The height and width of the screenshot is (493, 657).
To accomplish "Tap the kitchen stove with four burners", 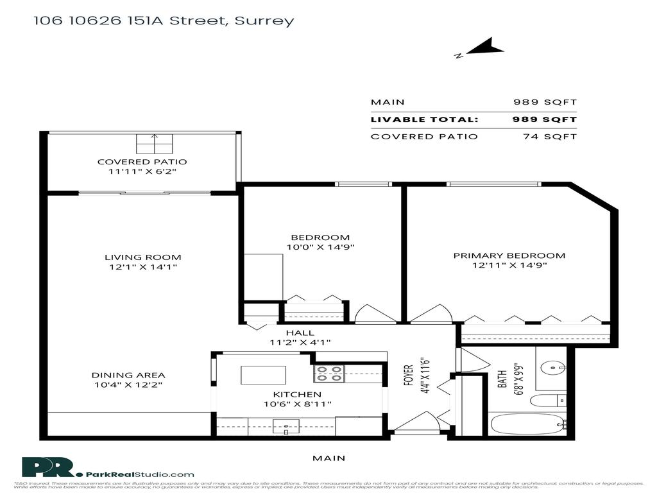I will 329,374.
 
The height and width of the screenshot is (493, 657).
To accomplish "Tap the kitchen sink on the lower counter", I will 282,426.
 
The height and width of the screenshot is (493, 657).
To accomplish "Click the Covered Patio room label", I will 142,162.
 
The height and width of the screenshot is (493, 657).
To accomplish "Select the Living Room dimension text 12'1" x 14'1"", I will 142,267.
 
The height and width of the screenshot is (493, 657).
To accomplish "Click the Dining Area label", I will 128,375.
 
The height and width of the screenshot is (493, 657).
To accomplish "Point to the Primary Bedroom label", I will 509,255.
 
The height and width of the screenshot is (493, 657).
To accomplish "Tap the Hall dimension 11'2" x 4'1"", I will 300,343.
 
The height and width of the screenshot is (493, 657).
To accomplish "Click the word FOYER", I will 408,374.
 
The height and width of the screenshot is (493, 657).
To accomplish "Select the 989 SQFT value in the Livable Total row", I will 545,119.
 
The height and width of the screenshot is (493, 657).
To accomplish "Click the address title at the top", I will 164,21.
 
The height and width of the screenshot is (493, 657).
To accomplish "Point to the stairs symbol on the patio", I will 154,144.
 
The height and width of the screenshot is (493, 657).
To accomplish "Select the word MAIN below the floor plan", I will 328,458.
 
